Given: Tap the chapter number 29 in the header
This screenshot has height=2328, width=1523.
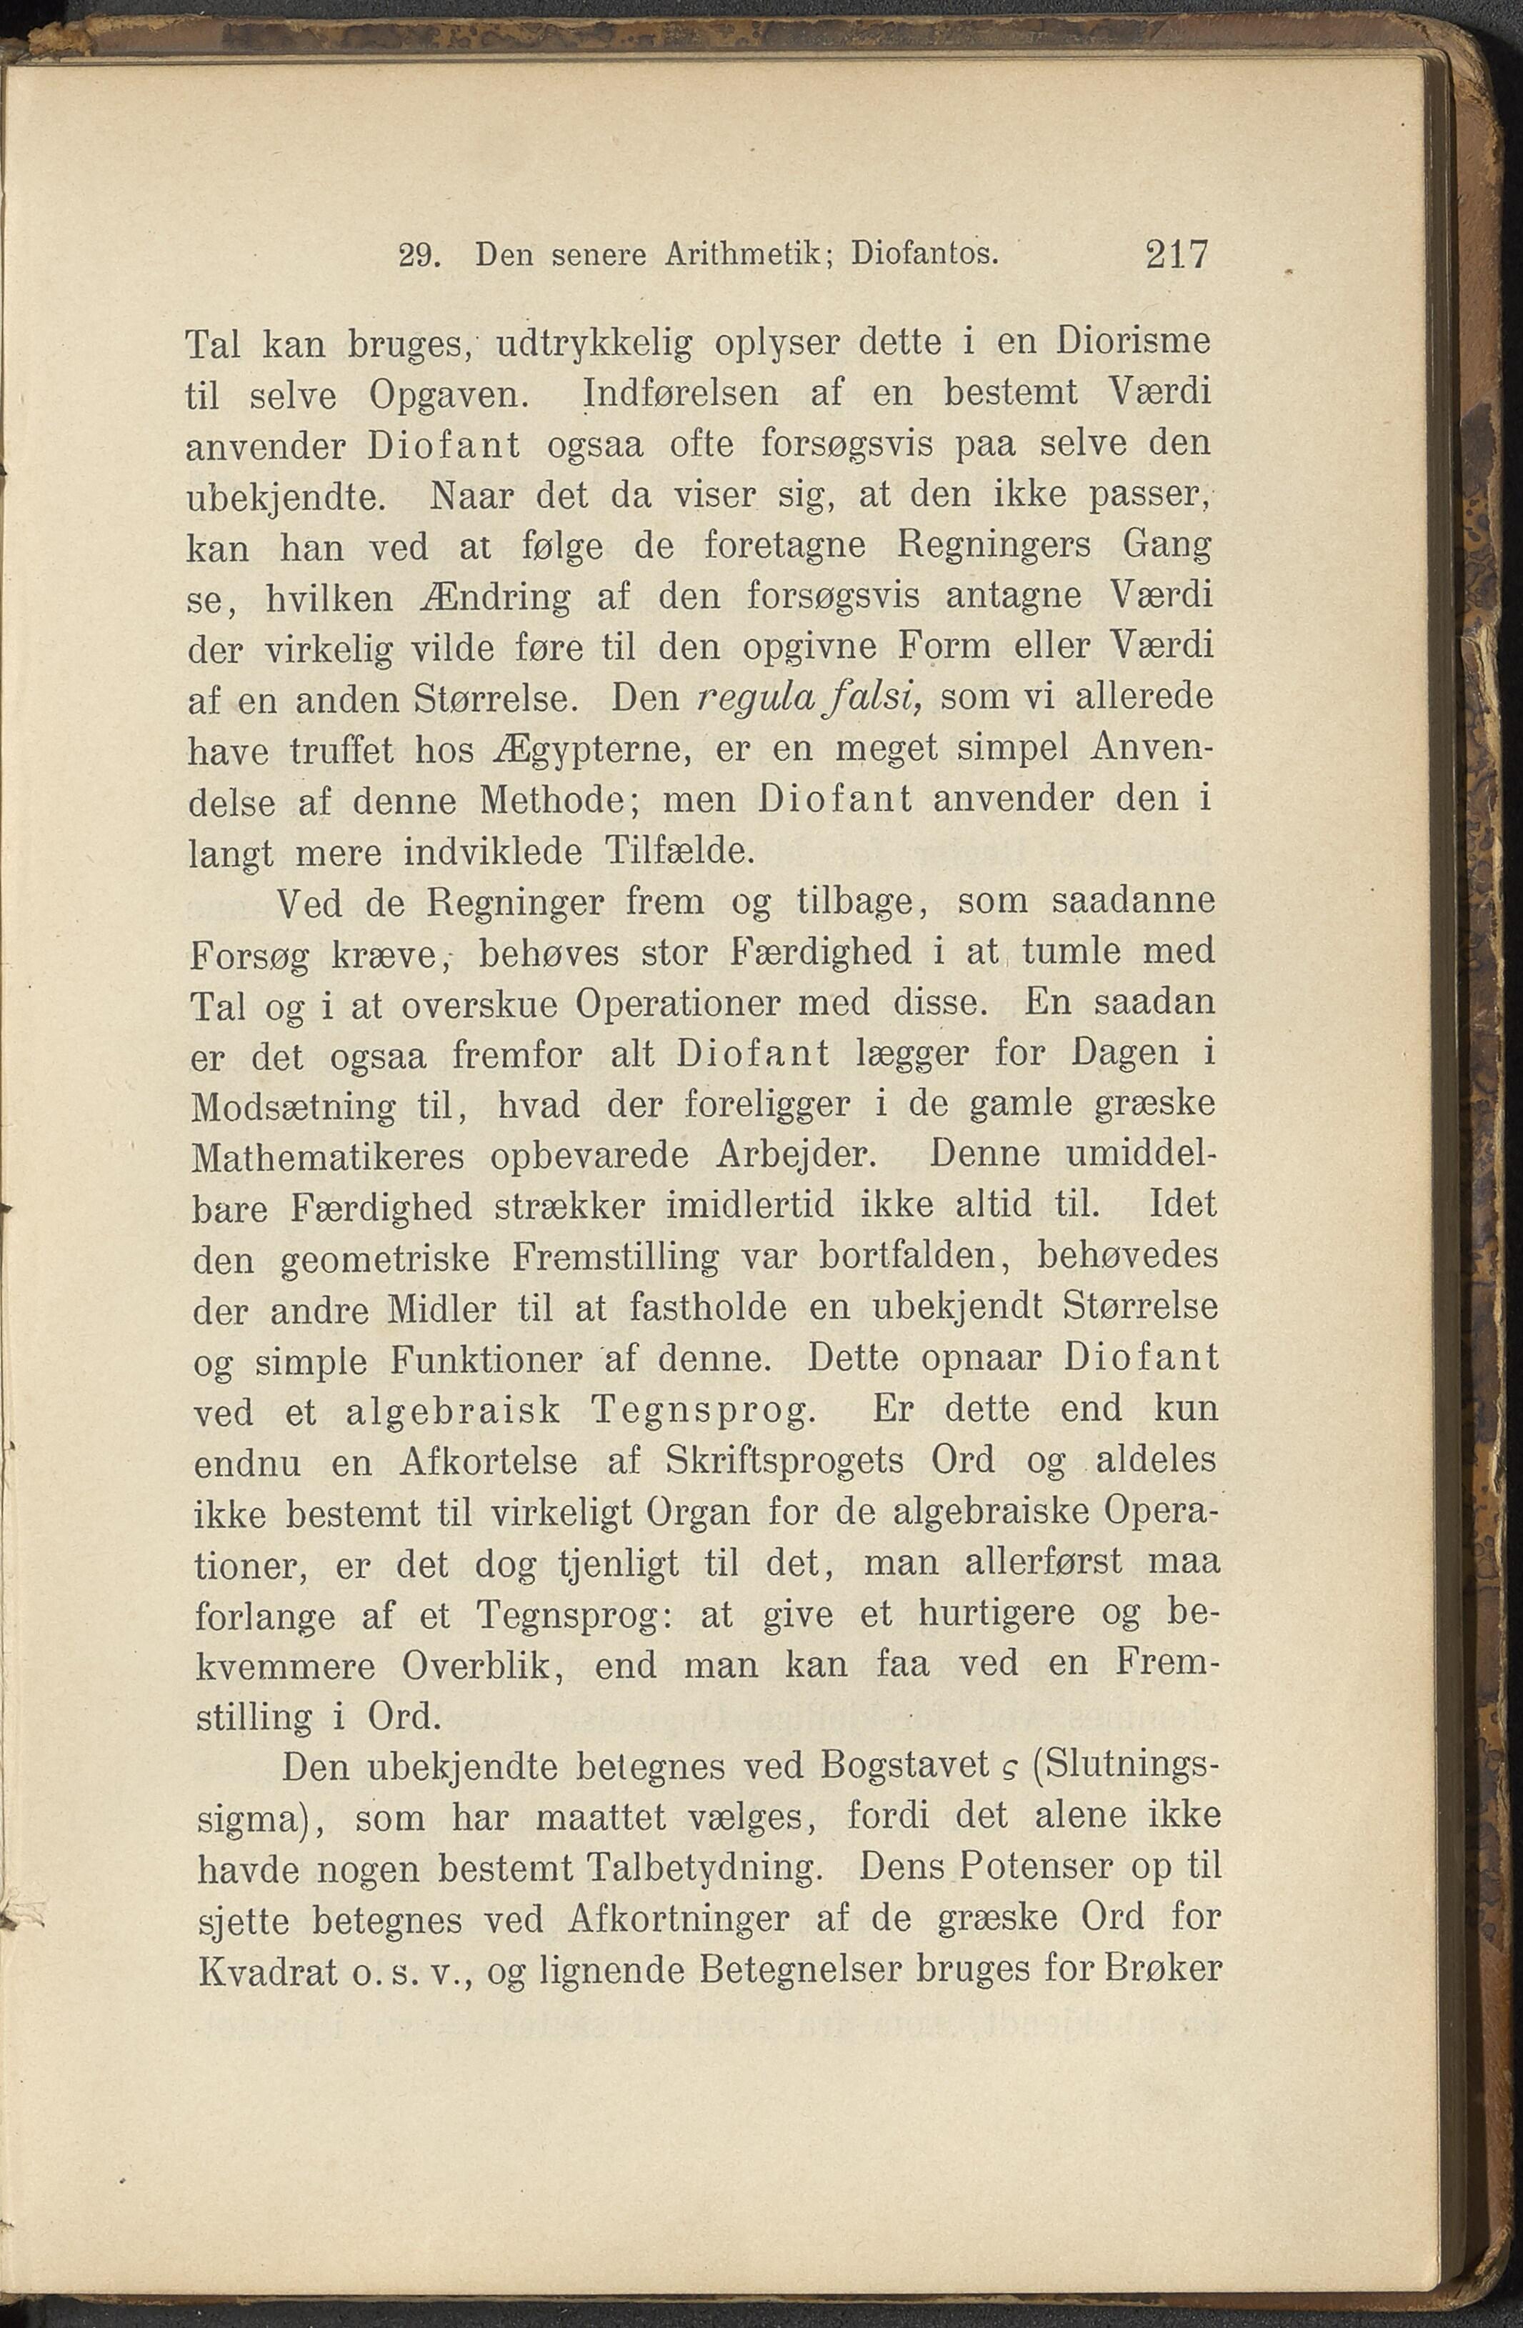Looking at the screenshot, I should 419,257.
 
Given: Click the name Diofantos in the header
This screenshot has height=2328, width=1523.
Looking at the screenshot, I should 924,256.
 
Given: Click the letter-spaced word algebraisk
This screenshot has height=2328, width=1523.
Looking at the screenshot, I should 453,1412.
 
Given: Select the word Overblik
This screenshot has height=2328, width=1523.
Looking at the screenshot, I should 479,1666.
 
